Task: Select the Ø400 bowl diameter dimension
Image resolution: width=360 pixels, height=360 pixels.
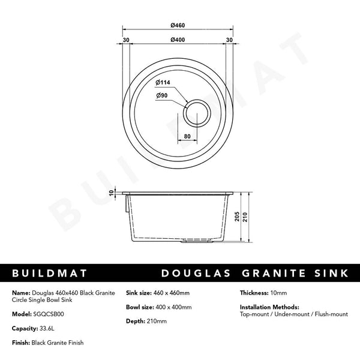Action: (176, 40)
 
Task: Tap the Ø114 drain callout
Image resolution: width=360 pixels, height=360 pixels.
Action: (164, 82)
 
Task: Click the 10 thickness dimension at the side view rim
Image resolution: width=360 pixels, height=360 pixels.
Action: (112, 193)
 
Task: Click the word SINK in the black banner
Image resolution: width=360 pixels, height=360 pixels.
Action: (330, 274)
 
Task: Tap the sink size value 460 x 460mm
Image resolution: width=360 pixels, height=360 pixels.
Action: (172, 293)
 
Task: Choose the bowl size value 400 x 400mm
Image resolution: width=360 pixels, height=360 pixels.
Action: (173, 307)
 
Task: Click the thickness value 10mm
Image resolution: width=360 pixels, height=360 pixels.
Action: (278, 293)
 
